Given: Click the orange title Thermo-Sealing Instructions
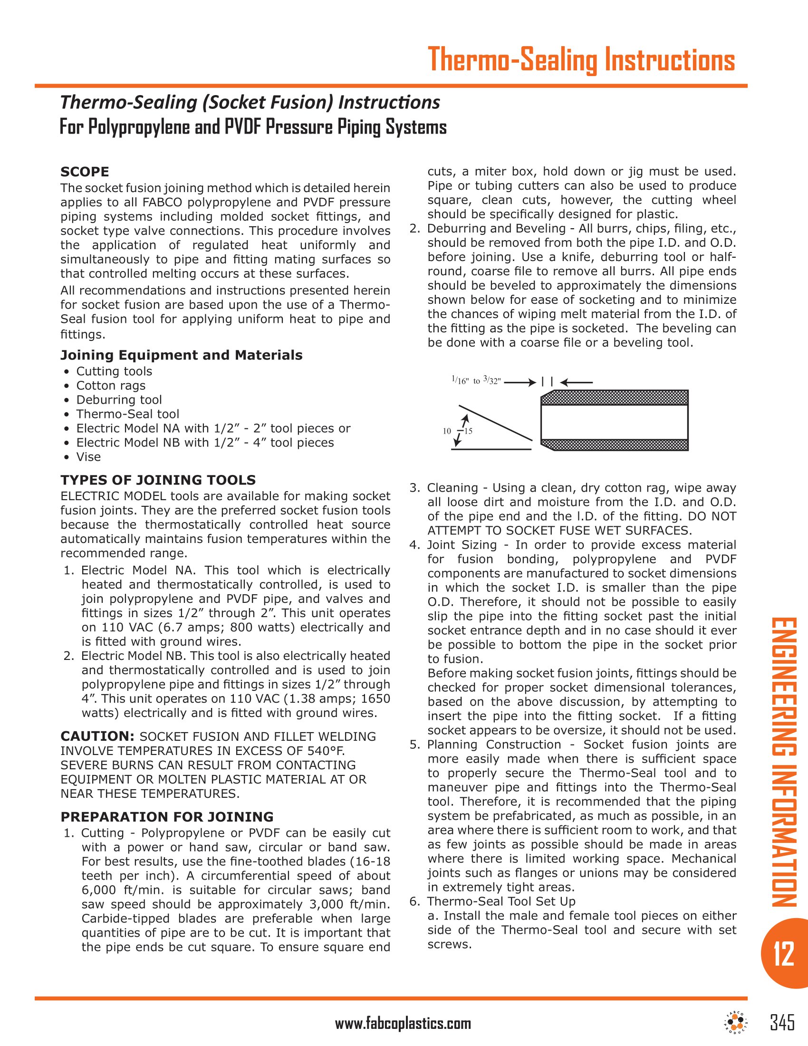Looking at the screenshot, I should coord(581,60).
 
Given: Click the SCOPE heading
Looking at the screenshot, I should coord(85,172).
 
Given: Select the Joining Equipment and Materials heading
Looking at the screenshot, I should coord(182,355).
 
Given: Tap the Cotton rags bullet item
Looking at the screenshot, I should coord(111,386).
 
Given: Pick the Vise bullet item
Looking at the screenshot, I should coord(88,457).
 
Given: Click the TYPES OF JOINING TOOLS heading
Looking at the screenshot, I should coord(158,480).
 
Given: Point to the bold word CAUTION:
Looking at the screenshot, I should coord(97,736).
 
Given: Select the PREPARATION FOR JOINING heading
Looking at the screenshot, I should coord(167,816).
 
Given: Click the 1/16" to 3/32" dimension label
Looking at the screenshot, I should coord(476,381).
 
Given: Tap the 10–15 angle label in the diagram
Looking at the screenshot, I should coord(458,431).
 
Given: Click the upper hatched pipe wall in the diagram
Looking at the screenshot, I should coord(615,397).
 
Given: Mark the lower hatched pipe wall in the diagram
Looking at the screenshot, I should coord(615,445).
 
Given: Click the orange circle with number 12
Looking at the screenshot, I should coord(784,954).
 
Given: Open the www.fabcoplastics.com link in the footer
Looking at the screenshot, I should coord(403,1024).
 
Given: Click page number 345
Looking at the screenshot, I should coord(782,1022).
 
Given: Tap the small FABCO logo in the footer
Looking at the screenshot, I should coord(737,1023).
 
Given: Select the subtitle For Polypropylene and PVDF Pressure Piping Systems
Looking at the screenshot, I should coord(253,127).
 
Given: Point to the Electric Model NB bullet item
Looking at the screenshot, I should coord(205,443).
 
